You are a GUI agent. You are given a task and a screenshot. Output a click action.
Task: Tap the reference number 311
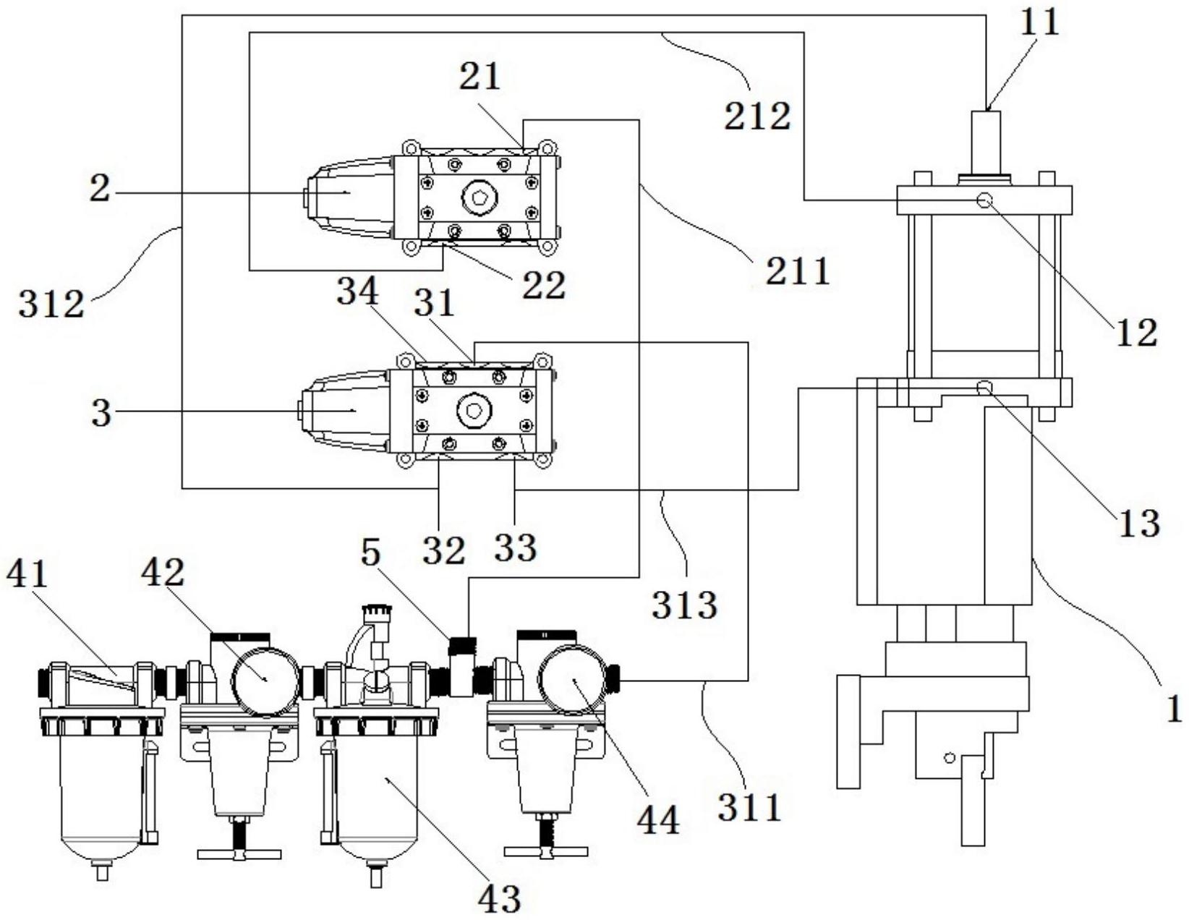point(750,806)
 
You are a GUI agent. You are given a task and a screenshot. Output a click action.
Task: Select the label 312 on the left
point(51,304)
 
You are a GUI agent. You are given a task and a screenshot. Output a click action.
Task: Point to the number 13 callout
point(1138,522)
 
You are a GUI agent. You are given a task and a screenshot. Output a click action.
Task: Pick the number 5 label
point(370,553)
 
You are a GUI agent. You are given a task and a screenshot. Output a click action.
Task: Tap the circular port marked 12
point(984,200)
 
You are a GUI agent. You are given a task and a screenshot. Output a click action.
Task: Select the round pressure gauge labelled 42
point(265,680)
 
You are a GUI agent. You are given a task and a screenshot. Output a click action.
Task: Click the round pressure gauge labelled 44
point(574,680)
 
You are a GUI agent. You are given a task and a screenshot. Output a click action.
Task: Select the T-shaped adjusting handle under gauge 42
point(239,853)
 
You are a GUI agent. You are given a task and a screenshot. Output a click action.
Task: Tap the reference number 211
point(798,272)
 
